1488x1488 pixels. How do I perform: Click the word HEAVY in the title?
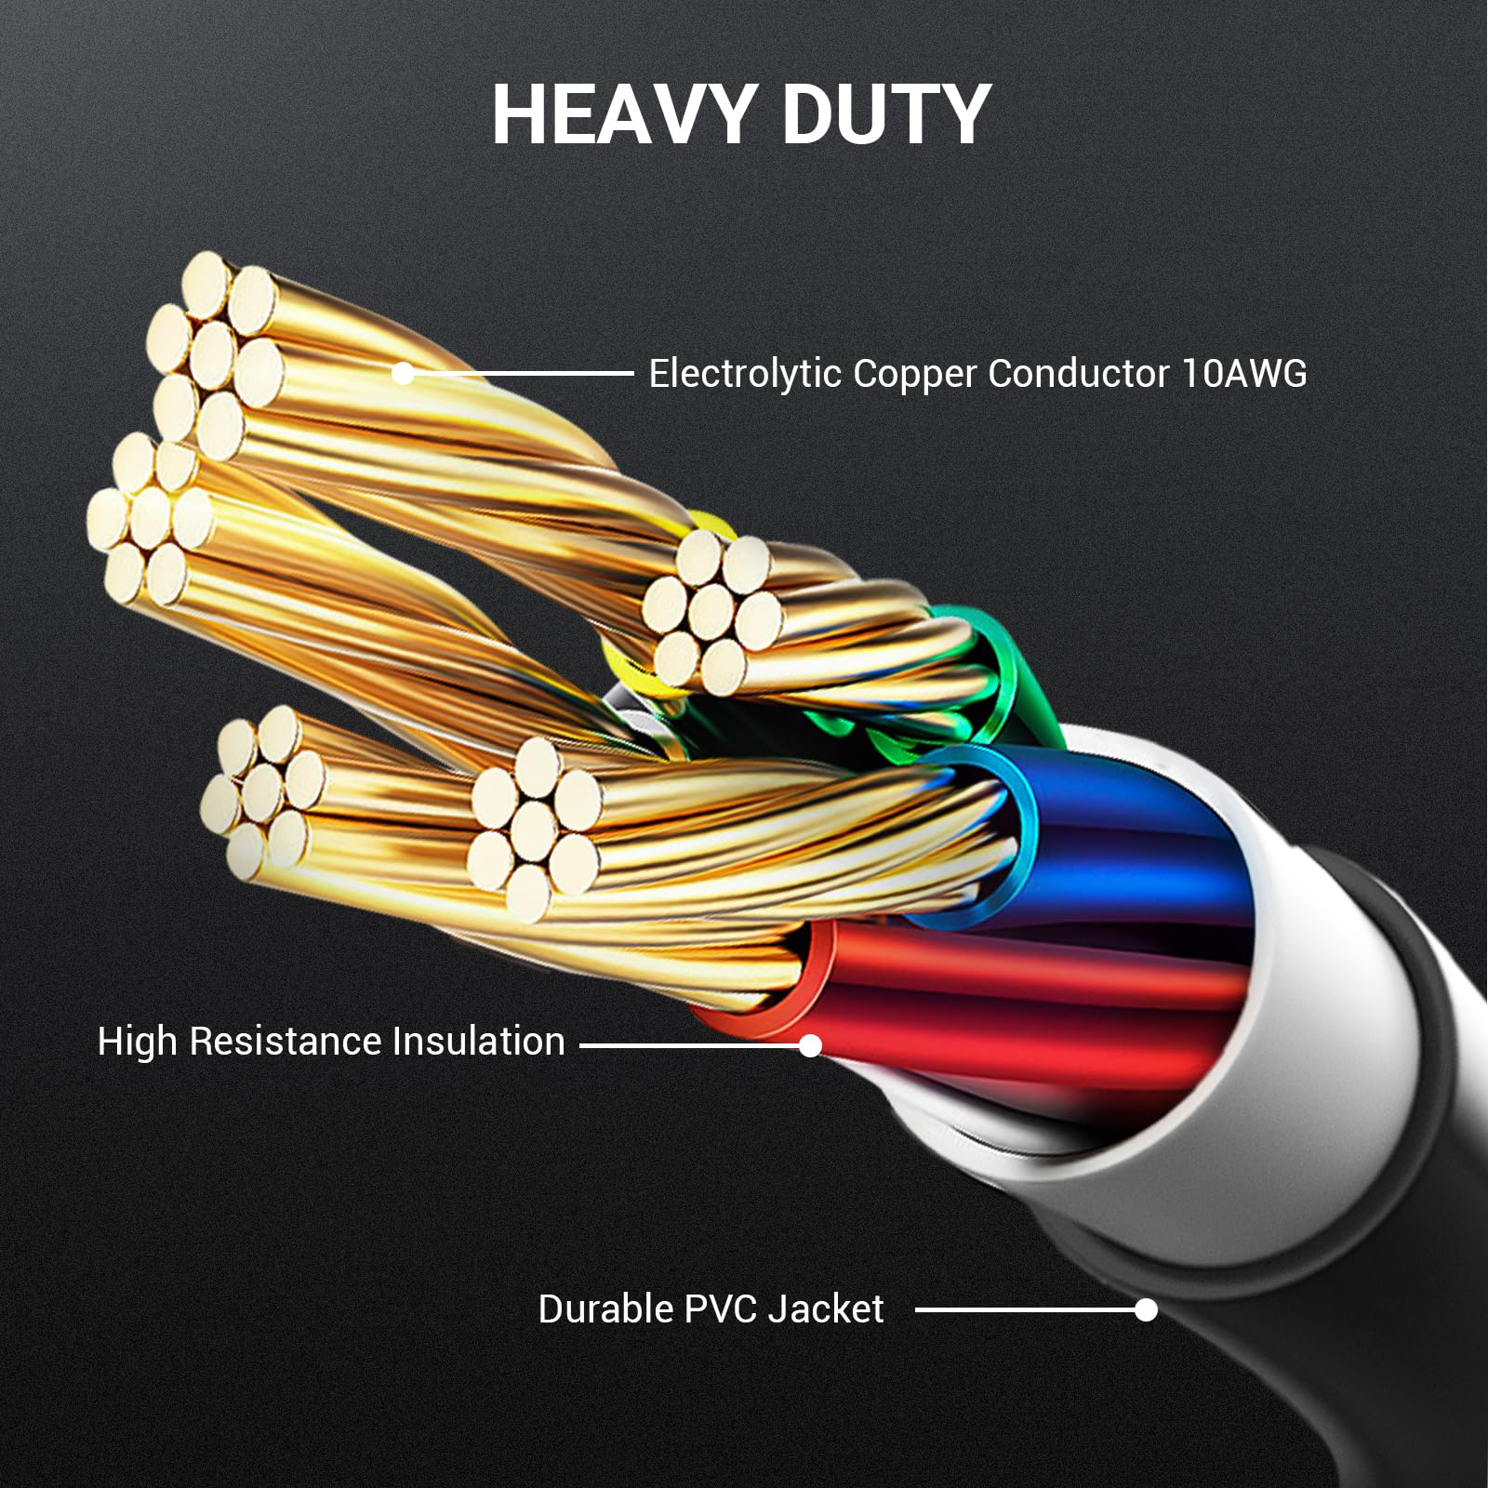point(621,114)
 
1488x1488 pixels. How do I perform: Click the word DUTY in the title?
point(886,114)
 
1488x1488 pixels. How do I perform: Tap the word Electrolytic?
point(744,374)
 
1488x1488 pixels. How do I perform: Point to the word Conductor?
point(1078,374)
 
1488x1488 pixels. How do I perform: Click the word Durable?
point(604,1309)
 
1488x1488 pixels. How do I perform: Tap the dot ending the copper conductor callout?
point(403,374)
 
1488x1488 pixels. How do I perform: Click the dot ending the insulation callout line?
point(811,1046)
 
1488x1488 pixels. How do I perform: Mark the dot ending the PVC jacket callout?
point(1147,1310)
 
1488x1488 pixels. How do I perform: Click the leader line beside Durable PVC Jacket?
point(1023,1310)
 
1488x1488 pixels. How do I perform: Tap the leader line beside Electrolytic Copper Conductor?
point(521,374)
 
